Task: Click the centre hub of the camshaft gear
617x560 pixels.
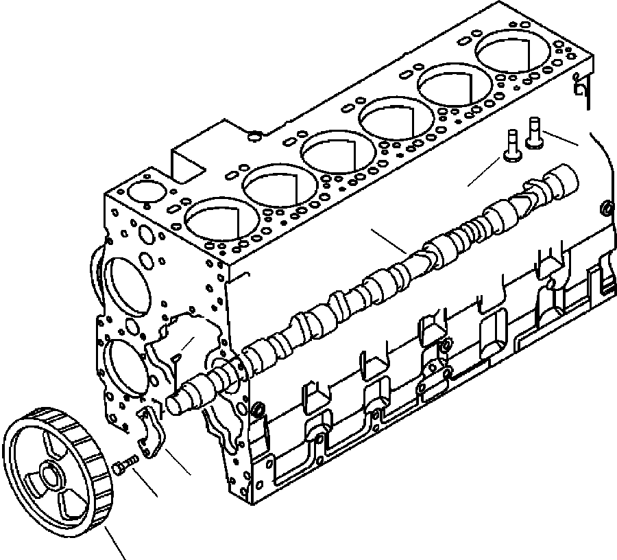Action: pyautogui.click(x=50, y=474)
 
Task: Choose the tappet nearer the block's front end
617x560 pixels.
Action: pyautogui.click(x=511, y=145)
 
